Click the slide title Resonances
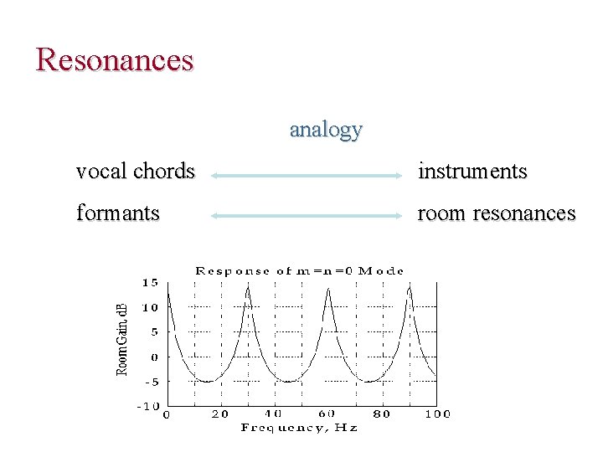point(116,60)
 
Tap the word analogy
point(326,130)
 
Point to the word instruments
point(472,172)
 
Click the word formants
point(117,213)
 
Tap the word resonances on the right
point(524,213)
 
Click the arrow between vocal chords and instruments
point(307,176)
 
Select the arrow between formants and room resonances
point(307,215)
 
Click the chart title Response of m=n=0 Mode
point(300,271)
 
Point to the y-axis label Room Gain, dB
point(121,339)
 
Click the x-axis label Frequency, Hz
point(299,428)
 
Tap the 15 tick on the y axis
point(150,283)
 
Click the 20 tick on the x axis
point(219,413)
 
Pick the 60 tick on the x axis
point(327,413)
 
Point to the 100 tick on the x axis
point(436,413)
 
